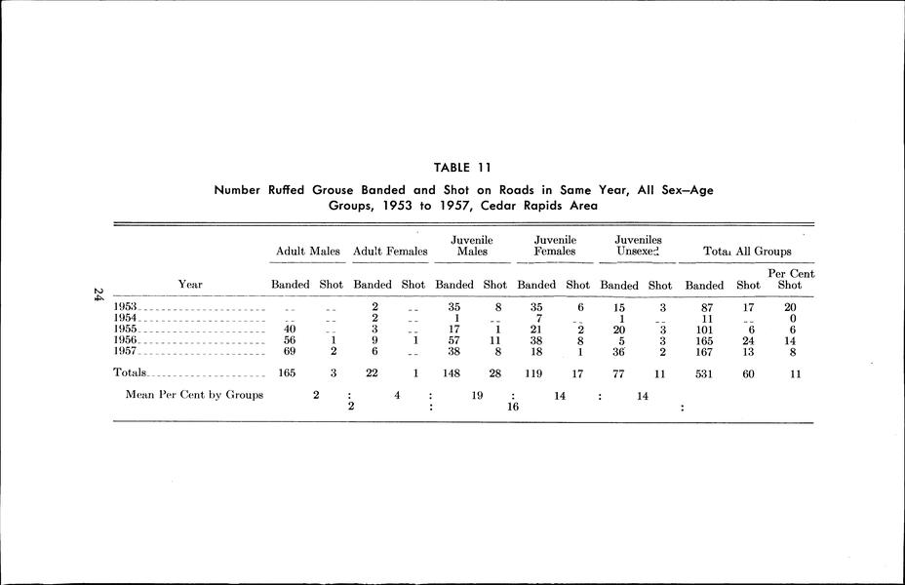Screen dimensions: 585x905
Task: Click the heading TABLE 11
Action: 463,167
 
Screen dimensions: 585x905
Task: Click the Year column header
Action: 190,285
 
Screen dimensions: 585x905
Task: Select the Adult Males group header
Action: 308,252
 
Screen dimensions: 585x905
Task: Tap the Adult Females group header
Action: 390,252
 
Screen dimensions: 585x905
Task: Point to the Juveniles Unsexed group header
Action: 639,246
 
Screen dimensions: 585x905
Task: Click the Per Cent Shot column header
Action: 791,279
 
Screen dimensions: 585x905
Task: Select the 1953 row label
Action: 125,307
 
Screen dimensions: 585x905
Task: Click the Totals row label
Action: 130,372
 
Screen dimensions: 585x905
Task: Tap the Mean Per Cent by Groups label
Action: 195,395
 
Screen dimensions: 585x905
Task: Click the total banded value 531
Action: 703,372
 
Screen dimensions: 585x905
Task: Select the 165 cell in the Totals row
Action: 289,372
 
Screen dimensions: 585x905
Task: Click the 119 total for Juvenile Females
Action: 537,372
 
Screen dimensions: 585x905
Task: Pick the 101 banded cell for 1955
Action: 703,329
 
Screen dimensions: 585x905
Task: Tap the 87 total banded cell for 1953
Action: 703,307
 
